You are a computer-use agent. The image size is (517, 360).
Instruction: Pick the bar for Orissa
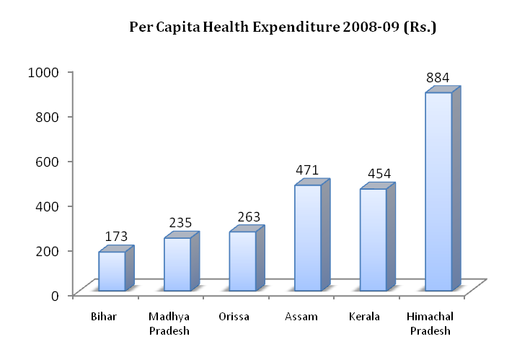pos(242,260)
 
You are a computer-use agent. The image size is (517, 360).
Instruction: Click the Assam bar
pos(308,237)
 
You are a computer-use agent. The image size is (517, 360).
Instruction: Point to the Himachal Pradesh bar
pos(438,191)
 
